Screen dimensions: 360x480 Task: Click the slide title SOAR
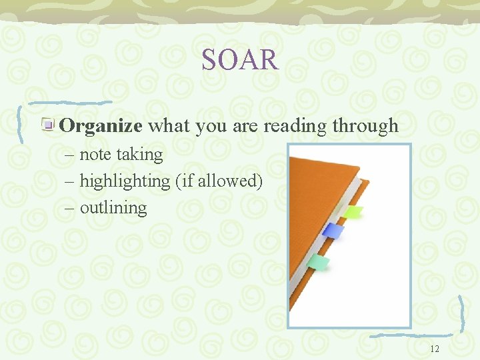[240, 60]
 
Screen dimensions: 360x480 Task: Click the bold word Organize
[101, 125]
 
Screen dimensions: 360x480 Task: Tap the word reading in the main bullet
[295, 125]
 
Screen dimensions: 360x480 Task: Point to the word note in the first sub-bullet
[95, 155]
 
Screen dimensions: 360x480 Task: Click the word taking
[139, 155]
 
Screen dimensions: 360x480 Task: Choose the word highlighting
[125, 181]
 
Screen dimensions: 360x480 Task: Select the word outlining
[113, 207]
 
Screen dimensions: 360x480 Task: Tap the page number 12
[435, 349]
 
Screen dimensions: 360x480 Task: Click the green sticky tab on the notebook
[353, 212]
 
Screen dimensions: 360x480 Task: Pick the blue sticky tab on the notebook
[333, 231]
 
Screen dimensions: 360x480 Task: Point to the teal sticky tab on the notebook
[318, 263]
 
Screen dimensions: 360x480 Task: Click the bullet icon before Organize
[49, 125]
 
